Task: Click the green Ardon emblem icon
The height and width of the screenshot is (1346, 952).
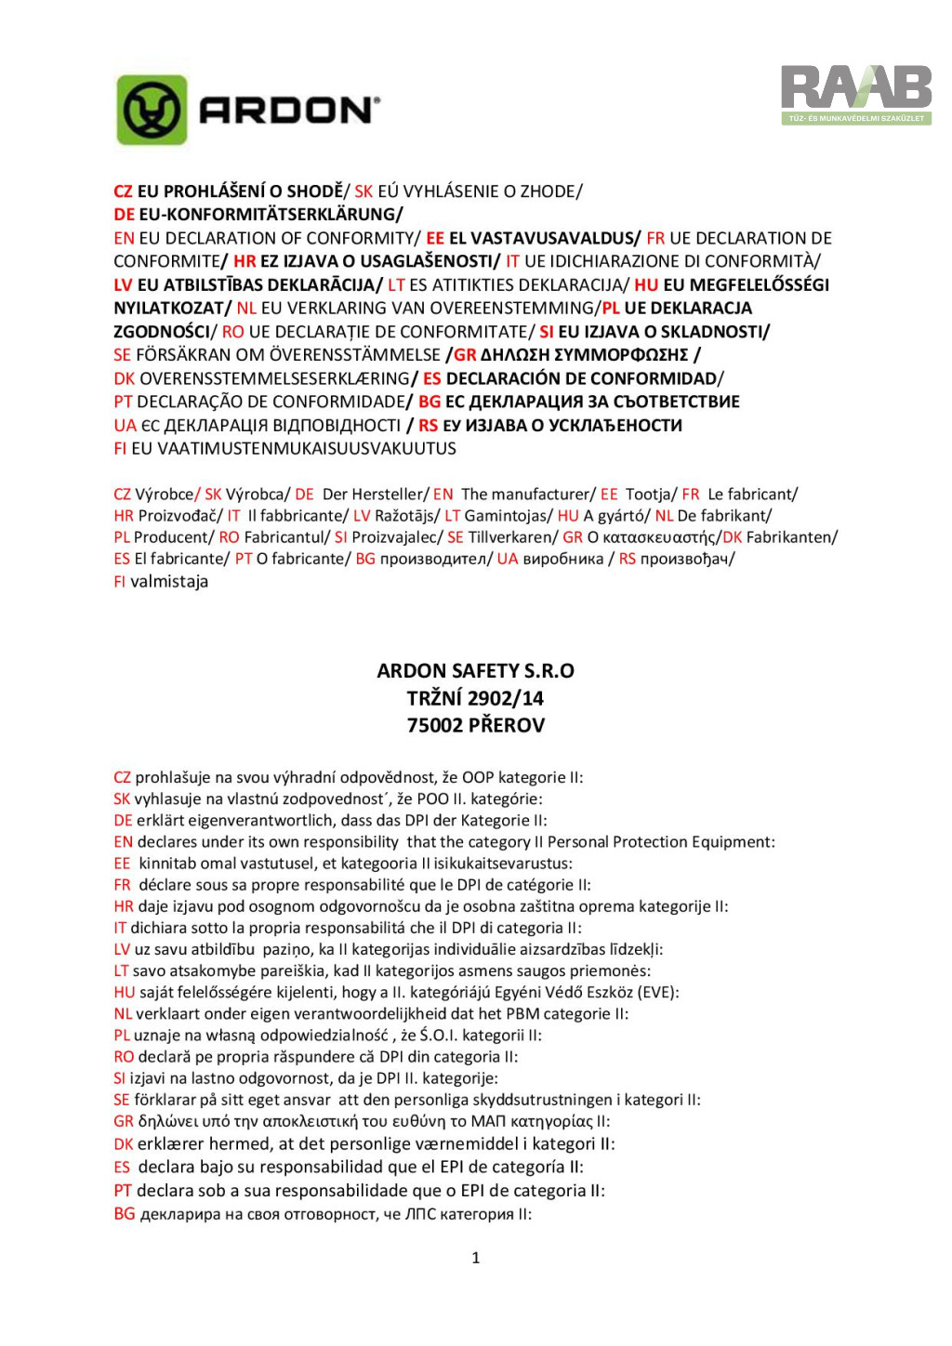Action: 152,111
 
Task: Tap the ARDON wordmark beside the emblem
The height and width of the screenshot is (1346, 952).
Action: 289,111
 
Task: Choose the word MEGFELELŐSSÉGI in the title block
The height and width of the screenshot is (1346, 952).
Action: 746,285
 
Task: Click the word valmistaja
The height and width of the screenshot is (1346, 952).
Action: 169,582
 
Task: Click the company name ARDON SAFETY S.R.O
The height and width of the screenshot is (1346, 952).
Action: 475,671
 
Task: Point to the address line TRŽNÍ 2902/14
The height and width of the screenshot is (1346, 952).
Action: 475,698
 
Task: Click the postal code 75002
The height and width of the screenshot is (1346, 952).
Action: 434,725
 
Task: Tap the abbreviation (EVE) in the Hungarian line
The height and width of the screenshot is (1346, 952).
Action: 657,992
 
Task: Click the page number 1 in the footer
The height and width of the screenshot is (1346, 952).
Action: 476,1258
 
